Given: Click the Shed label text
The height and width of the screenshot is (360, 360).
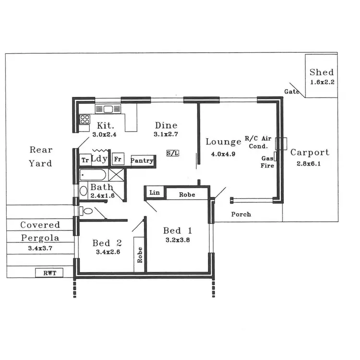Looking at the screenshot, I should [321, 72].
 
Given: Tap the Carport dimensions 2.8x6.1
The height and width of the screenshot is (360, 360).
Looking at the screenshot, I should [310, 164].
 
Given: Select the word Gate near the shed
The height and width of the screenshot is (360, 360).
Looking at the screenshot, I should [292, 92].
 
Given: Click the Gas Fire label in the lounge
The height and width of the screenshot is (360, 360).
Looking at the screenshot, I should [267, 162].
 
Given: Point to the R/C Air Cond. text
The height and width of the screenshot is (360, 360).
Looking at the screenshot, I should [258, 142].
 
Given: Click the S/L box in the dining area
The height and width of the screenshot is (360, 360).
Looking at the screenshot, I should [173, 154].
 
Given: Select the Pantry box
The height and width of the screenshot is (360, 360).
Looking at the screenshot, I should [142, 160].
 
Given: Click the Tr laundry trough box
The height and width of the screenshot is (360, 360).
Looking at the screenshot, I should [85, 160].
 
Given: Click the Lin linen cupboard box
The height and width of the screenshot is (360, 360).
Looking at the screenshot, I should [155, 193].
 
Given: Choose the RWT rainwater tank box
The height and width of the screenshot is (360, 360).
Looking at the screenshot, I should [50, 273].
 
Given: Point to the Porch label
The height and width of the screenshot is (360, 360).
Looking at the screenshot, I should [241, 214].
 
